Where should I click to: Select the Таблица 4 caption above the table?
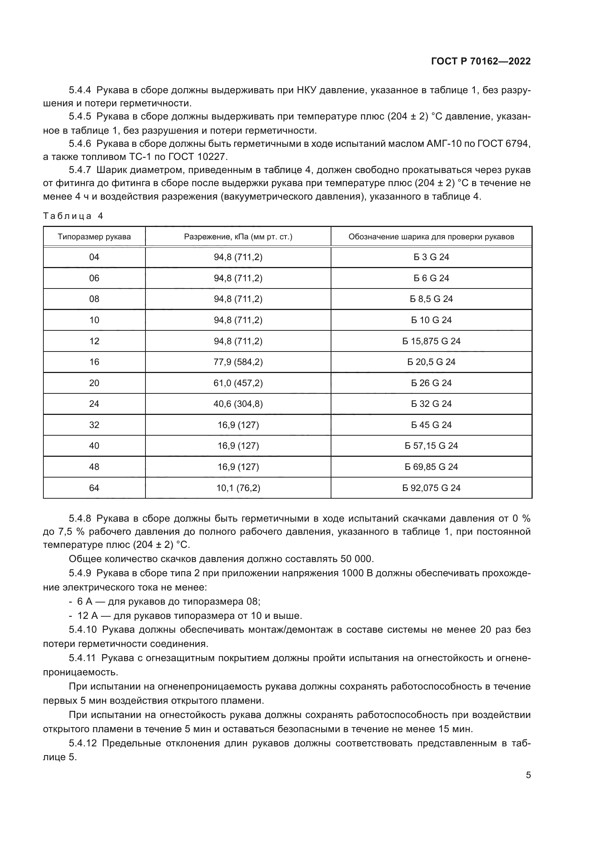[73, 216]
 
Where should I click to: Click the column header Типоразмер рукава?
[94, 237]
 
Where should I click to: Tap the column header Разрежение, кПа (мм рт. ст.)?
[238, 237]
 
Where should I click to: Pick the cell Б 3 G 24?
[431, 257]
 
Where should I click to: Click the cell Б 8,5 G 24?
[431, 299]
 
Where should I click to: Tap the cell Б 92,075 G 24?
[431, 488]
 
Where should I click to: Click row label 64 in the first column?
[94, 488]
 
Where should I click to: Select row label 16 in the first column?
[94, 362]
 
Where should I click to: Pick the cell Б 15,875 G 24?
[431, 341]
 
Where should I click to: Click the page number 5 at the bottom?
[528, 775]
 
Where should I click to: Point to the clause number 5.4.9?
[80, 573]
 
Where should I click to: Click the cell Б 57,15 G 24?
[431, 445]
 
